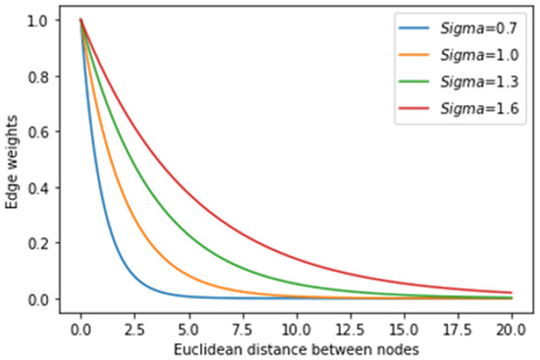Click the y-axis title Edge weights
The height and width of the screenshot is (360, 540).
13,160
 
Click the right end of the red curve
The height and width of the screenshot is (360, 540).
511,292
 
